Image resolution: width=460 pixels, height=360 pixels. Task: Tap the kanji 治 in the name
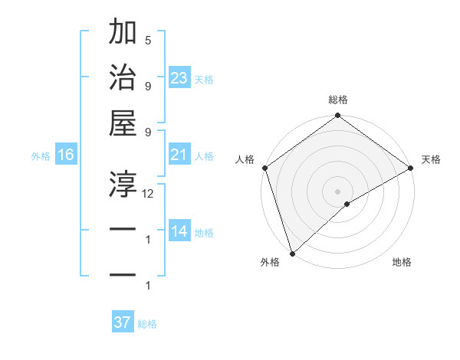point(123,77)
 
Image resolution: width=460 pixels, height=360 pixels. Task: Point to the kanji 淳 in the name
point(123,182)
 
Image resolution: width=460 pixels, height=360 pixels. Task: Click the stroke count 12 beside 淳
point(148,194)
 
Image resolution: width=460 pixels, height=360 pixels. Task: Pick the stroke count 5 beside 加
point(148,40)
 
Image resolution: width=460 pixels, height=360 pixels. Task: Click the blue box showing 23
point(179,78)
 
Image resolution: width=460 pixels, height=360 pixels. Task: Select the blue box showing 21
point(179,155)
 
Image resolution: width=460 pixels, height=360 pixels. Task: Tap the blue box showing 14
point(179,232)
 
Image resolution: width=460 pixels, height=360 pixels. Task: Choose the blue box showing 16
point(65,155)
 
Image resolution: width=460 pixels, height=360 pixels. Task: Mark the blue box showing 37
point(123,322)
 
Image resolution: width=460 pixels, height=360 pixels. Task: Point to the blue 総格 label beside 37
point(147,324)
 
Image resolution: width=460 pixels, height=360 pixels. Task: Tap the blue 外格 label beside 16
point(41,156)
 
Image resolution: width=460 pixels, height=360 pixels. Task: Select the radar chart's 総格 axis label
point(338,100)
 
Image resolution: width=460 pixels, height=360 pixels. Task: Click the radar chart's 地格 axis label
point(402,263)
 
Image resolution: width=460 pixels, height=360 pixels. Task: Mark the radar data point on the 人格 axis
point(264,168)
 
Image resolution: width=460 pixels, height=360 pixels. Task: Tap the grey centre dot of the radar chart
point(338,191)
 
